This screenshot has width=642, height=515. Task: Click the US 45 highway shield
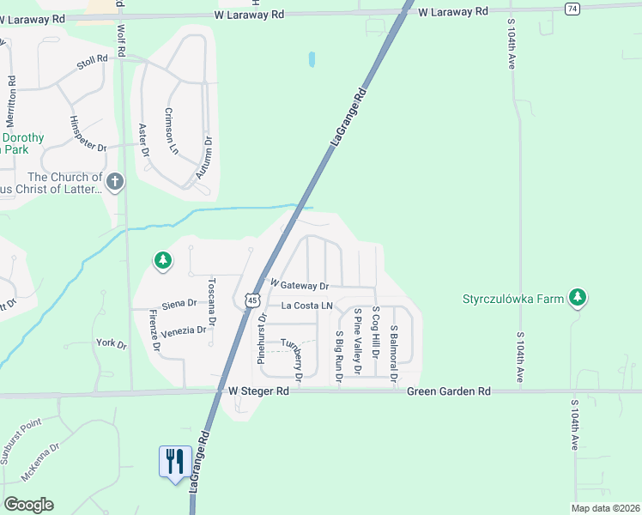tap(251, 299)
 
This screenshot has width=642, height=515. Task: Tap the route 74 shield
tap(572, 8)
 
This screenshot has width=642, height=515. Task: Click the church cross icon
tap(116, 181)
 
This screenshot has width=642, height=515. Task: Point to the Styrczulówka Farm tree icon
tap(578, 297)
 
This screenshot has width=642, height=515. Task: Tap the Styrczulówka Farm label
tap(513, 299)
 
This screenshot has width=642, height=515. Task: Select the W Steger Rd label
tap(259, 391)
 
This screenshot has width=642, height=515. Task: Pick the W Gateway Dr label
tap(300, 285)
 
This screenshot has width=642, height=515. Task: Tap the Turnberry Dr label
tap(292, 356)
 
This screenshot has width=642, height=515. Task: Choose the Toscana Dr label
tap(211, 300)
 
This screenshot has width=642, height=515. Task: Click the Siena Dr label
tap(179, 303)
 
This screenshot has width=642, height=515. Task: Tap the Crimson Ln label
tap(173, 130)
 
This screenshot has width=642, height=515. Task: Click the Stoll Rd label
tap(92, 61)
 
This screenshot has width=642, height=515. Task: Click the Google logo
tap(27, 505)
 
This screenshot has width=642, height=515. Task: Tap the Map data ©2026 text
tap(606, 508)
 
